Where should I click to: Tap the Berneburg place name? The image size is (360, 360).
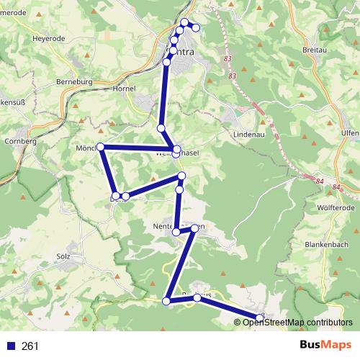coord(76,82)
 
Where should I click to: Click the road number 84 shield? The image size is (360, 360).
coord(337,188)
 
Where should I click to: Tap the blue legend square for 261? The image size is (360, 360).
coord(11,346)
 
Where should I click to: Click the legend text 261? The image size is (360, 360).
coord(30,346)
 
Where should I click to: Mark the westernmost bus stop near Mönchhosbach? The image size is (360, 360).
coord(101,147)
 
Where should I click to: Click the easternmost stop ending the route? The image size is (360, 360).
coord(260,318)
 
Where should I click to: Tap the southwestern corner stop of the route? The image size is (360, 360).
coord(167,301)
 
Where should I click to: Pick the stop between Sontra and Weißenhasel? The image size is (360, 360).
coord(161,128)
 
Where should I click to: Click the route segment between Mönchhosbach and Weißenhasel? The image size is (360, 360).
coord(137,148)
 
